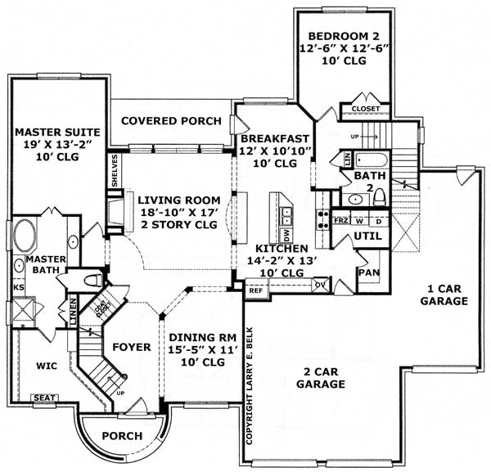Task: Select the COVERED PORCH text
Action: [x=171, y=121]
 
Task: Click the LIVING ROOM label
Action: [x=178, y=200]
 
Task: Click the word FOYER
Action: [x=132, y=347]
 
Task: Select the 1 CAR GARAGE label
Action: [x=446, y=294]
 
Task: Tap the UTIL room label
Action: [x=364, y=236]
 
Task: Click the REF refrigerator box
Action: [x=255, y=289]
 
